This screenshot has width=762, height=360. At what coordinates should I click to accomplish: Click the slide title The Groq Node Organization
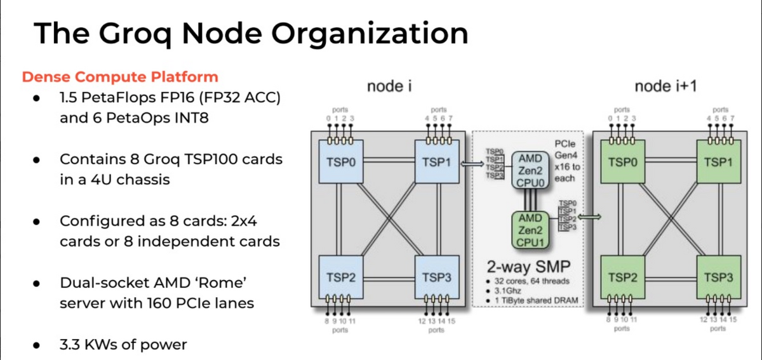click(x=251, y=34)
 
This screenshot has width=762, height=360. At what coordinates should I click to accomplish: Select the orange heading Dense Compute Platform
click(x=120, y=77)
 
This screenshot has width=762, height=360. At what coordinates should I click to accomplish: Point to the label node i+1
click(x=666, y=87)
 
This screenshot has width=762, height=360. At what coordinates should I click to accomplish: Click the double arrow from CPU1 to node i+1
click(x=588, y=218)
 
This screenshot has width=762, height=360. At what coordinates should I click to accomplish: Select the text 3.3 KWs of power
click(x=123, y=345)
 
